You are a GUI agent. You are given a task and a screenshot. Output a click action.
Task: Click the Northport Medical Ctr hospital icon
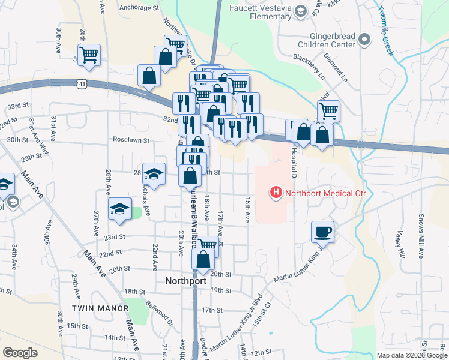(x=276, y=193)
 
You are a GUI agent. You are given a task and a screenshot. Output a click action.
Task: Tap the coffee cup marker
(x=322, y=231)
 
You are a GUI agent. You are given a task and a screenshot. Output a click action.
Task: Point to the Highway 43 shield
(x=81, y=85)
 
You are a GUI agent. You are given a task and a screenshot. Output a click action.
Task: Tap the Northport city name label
(x=185, y=281)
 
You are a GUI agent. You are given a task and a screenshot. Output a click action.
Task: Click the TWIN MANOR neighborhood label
(x=100, y=308)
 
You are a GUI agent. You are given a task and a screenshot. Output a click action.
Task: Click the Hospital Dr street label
(x=295, y=162)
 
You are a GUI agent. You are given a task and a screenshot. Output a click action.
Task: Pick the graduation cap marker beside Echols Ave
(x=154, y=174)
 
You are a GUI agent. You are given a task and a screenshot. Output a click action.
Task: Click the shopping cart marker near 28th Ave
(x=89, y=55)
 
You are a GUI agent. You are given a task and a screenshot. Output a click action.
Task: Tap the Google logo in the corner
(x=20, y=353)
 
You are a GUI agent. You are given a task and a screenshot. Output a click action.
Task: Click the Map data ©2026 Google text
(x=412, y=355)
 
